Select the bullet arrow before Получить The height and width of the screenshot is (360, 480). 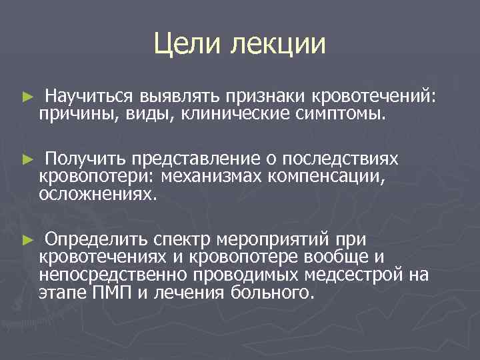tap(27, 160)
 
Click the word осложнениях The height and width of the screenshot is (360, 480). tap(99, 193)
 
